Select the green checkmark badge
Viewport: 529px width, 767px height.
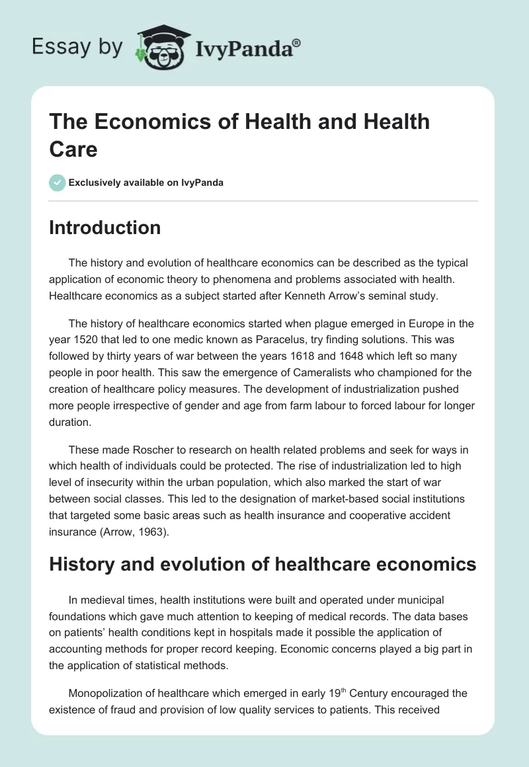click(58, 182)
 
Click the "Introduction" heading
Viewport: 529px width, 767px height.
click(104, 227)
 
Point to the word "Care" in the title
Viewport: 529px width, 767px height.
click(73, 149)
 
